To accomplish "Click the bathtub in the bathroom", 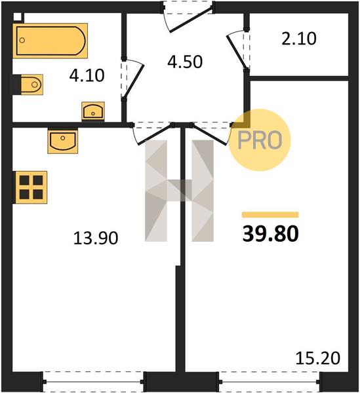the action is pyautogui.click(x=50, y=41).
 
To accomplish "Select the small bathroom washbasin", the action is pyautogui.click(x=93, y=111).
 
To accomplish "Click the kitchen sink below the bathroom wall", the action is pyautogui.click(x=63, y=141).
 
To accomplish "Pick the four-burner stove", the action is pyautogui.click(x=30, y=187).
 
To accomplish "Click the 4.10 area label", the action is pyautogui.click(x=87, y=76).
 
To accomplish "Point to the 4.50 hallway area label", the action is pyautogui.click(x=185, y=62).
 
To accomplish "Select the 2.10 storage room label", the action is pyautogui.click(x=299, y=39).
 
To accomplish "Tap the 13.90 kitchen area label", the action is pyautogui.click(x=96, y=238).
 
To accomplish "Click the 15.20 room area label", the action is pyautogui.click(x=318, y=358).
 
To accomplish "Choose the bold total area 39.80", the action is pyautogui.click(x=270, y=234).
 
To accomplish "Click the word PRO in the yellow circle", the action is pyautogui.click(x=260, y=140).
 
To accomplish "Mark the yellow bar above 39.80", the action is pyautogui.click(x=270, y=215).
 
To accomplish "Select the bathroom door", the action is pyautogui.click(x=132, y=79).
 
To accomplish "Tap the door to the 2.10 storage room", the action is pyautogui.click(x=238, y=49).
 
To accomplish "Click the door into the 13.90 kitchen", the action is pyautogui.click(x=152, y=134).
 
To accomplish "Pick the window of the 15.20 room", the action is pyautogui.click(x=270, y=382).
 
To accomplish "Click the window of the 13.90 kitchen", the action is pyautogui.click(x=93, y=382).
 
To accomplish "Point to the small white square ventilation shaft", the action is pyautogui.click(x=18, y=17).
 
